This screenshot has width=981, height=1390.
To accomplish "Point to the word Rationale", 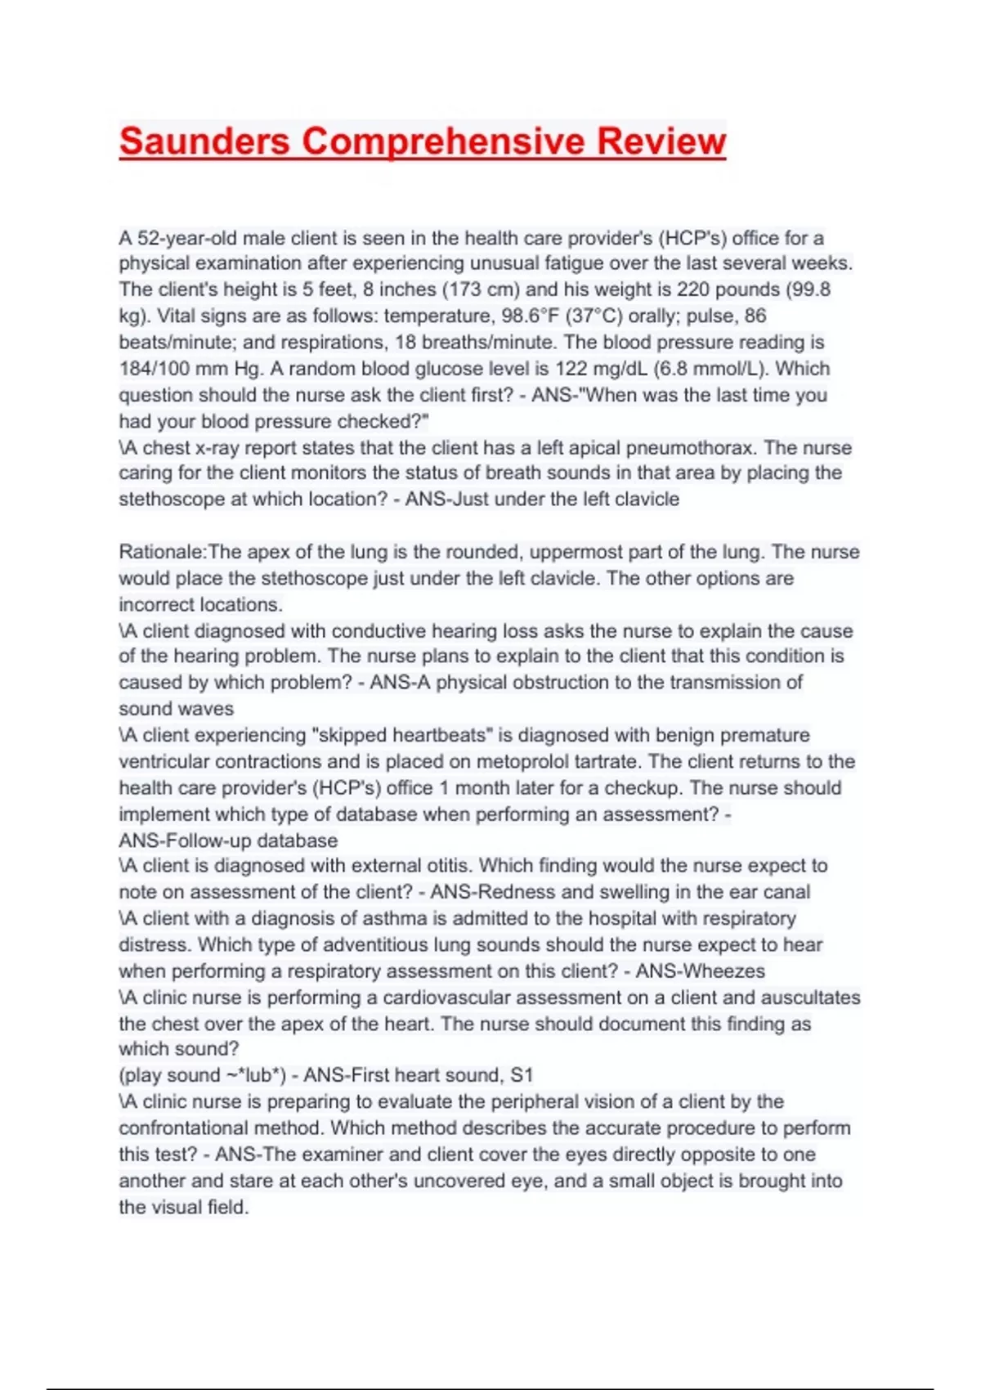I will pos(160,552).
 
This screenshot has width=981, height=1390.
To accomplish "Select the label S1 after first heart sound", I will pos(522,1075).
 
